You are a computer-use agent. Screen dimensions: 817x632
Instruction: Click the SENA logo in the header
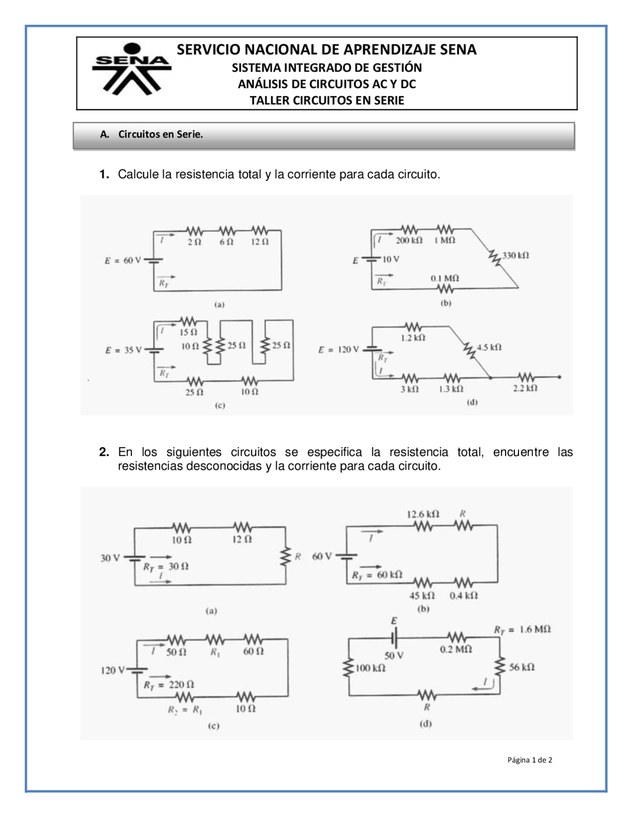pyautogui.click(x=131, y=69)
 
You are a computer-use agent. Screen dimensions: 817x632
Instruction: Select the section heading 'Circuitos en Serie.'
pyautogui.click(x=160, y=134)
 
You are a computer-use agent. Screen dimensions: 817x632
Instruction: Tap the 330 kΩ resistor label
pyautogui.click(x=515, y=256)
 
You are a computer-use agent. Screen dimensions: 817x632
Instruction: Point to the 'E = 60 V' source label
pyautogui.click(x=122, y=260)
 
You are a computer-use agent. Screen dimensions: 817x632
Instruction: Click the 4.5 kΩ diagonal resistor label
pyautogui.click(x=489, y=347)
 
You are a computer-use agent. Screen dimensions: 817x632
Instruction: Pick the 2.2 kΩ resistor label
pyautogui.click(x=524, y=389)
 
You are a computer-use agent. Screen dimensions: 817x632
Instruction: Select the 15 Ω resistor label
pyautogui.click(x=188, y=333)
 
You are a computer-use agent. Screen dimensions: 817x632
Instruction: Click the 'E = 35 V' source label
pyautogui.click(x=123, y=350)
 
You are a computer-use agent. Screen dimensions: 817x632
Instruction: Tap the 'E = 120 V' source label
pyautogui.click(x=338, y=350)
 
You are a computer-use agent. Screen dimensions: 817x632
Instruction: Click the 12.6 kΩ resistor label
pyautogui.click(x=423, y=515)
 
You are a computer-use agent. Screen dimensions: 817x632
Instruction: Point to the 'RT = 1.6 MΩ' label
pyautogui.click(x=522, y=630)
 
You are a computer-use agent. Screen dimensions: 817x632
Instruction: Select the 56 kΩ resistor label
pyautogui.click(x=521, y=668)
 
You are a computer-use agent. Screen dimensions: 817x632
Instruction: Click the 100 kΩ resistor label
pyautogui.click(x=370, y=668)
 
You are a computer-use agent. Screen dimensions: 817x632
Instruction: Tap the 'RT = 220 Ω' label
pyautogui.click(x=168, y=685)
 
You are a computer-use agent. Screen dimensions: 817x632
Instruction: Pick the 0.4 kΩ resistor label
pyautogui.click(x=463, y=596)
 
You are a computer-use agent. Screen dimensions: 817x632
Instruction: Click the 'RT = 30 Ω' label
pyautogui.click(x=166, y=566)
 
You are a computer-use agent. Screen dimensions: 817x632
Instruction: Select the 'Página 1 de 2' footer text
pyautogui.click(x=529, y=760)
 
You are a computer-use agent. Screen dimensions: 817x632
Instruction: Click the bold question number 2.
pyautogui.click(x=104, y=452)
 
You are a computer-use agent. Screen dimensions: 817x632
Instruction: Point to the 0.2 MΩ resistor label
pyautogui.click(x=456, y=649)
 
